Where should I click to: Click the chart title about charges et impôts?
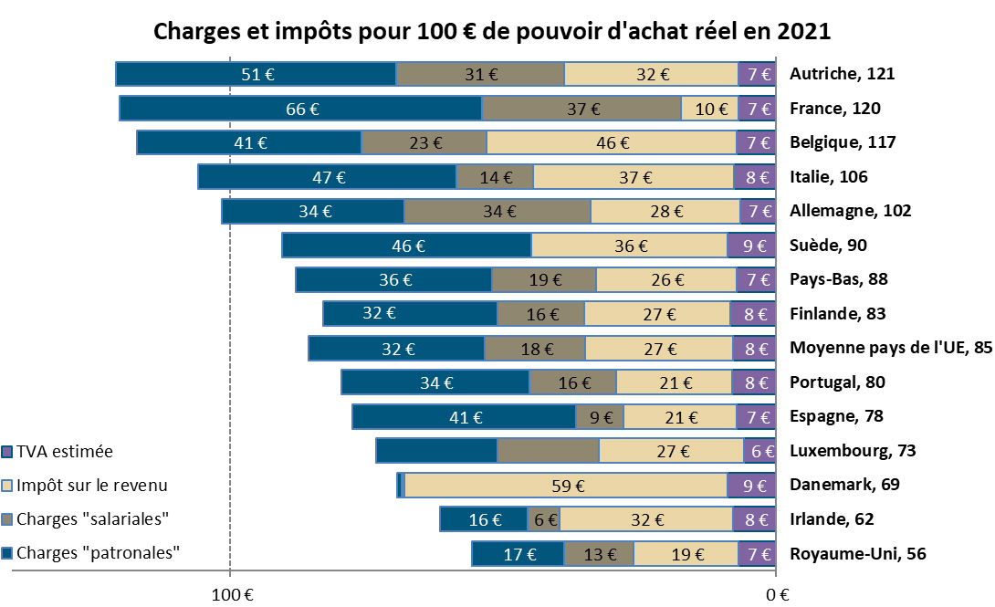492,30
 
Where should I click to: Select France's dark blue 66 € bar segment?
300,109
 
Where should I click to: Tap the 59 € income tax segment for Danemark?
565,486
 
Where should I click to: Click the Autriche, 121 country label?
842,74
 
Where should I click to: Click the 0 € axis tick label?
776,594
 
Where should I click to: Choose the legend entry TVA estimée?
64,451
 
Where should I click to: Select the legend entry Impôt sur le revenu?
91,486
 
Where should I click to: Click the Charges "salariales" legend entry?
93,519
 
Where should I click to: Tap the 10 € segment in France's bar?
709,109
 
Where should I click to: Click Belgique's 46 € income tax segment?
612,142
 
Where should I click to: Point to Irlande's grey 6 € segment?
544,519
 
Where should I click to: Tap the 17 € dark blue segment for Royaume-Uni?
518,553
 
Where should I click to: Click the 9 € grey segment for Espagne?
600,417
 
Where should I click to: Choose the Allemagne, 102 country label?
850,211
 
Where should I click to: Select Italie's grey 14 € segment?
495,177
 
